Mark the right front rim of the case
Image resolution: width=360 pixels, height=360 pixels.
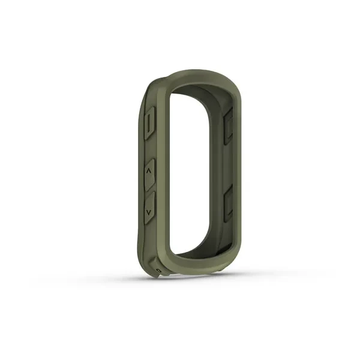[241, 174]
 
